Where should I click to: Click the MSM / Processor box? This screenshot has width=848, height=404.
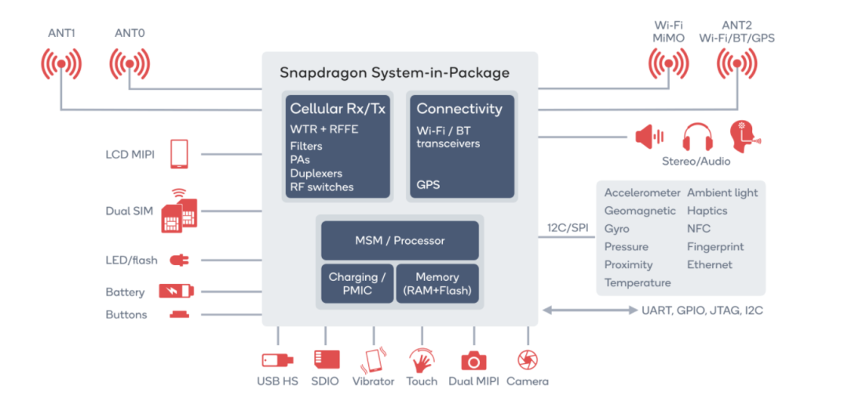(x=399, y=241)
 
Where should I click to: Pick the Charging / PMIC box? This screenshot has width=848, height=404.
(x=356, y=284)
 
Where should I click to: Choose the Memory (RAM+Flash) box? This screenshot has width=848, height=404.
(x=437, y=284)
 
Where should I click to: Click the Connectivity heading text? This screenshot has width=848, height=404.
(x=459, y=109)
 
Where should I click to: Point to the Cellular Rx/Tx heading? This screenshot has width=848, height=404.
(x=338, y=109)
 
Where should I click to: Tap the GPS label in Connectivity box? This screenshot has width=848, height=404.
(x=428, y=185)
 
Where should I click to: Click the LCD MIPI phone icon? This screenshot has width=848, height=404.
(x=179, y=154)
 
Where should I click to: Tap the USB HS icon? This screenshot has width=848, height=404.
(x=278, y=360)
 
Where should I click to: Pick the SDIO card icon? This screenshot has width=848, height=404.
(x=326, y=360)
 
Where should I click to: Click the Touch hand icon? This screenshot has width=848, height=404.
(x=422, y=360)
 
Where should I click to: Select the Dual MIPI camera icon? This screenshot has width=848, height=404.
(x=473, y=360)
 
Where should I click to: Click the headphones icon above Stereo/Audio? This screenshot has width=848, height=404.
(x=696, y=137)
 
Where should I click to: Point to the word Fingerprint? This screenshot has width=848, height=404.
(x=715, y=246)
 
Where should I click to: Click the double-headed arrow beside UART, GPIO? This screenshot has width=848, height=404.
(x=590, y=311)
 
